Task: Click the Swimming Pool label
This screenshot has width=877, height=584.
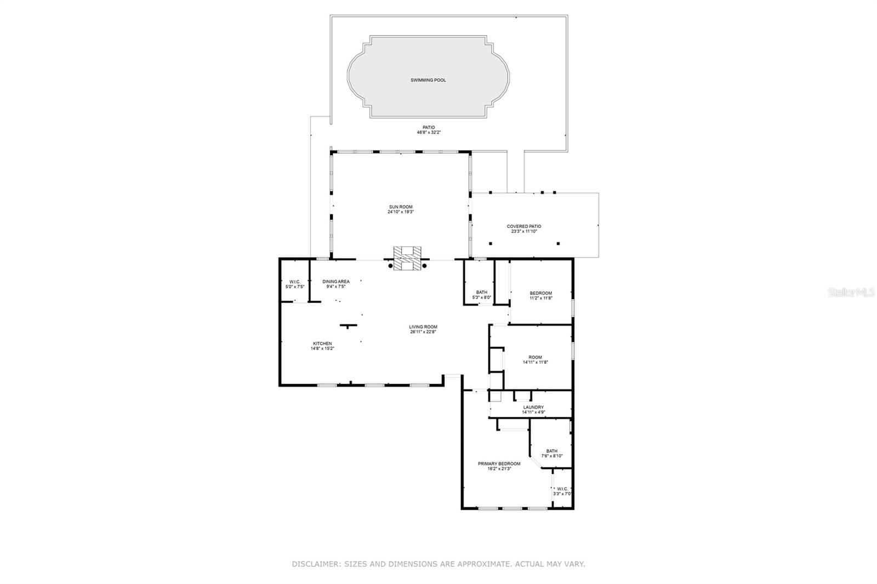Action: tap(428, 80)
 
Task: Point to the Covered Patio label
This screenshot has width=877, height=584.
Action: tap(523, 226)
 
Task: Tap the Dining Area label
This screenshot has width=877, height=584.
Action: tap(335, 282)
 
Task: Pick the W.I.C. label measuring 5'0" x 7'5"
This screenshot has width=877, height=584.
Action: tap(295, 282)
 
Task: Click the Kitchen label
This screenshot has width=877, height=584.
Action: tap(322, 343)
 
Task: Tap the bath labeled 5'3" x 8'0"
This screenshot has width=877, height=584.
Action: tap(481, 293)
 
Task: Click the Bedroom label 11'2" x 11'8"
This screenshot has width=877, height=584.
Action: tap(540, 293)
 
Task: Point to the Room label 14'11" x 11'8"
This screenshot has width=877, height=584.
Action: tap(535, 357)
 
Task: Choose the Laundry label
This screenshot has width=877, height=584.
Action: tap(533, 407)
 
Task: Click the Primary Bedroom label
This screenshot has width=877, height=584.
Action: tap(499, 463)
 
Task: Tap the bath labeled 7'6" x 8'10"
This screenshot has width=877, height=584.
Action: tap(551, 451)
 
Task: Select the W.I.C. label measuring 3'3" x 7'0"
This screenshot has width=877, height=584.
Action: tap(562, 489)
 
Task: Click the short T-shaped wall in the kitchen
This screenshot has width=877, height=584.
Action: tap(348, 326)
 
